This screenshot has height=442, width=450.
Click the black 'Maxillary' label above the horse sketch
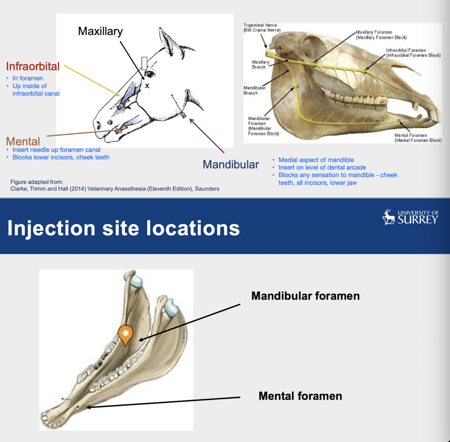(100, 31)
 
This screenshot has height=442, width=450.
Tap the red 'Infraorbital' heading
(33, 66)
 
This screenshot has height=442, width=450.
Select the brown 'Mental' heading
(23, 141)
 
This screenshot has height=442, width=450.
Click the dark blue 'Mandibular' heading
(231, 165)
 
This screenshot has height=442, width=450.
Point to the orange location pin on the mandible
(125, 334)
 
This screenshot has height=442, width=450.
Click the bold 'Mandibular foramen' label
(305, 296)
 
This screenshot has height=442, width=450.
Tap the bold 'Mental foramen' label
(300, 396)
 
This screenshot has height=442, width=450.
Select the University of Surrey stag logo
(389, 217)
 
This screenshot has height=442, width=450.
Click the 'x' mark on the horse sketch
(147, 86)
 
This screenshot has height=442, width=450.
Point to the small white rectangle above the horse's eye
(144, 63)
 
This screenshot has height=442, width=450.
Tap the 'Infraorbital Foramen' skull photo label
(413, 53)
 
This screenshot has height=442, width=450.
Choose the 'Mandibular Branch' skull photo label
(254, 90)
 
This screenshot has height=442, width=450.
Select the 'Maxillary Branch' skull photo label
(260, 65)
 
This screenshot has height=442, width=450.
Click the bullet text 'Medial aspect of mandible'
(316, 160)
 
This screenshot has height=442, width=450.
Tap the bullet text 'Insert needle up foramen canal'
(56, 150)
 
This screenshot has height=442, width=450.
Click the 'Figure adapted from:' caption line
(36, 182)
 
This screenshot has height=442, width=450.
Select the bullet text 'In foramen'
(28, 78)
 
